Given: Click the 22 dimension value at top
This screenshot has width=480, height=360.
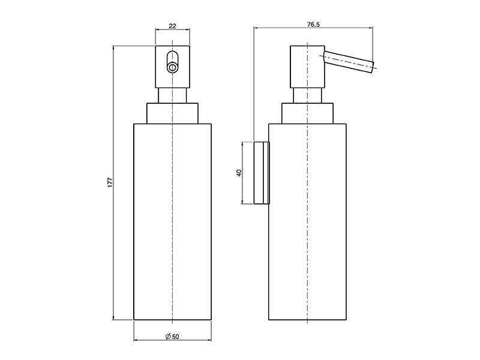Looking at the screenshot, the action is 173,26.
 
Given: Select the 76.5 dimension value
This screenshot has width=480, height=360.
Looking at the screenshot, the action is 313,25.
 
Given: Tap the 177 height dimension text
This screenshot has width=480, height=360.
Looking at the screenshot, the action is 110,182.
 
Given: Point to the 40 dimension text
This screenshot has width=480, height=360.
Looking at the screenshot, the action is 239,173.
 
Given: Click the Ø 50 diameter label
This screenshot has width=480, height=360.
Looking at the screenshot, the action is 172,337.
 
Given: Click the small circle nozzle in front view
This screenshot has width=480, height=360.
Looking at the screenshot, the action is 172,67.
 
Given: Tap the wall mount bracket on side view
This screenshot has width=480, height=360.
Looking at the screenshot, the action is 262,173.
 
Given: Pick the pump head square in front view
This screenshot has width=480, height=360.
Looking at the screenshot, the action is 173,67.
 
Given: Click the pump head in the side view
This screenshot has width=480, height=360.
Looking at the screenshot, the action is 307,67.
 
